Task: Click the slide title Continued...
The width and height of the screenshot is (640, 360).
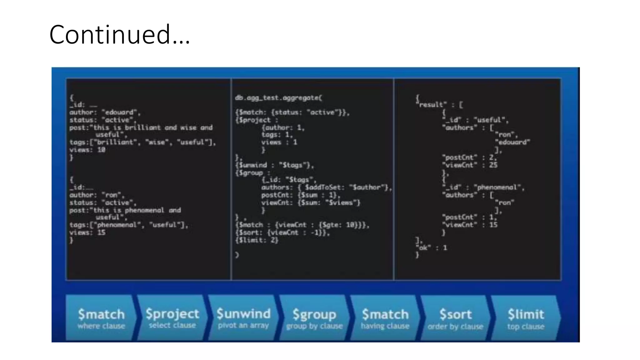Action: tap(119, 34)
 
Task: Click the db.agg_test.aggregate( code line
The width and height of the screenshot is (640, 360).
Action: tap(278, 98)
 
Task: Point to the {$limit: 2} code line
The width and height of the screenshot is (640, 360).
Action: tap(257, 240)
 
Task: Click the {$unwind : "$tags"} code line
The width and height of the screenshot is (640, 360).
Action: tap(274, 165)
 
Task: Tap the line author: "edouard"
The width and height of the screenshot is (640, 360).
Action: tap(105, 112)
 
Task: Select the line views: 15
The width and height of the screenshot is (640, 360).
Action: tap(87, 232)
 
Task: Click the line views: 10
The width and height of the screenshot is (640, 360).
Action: tap(87, 150)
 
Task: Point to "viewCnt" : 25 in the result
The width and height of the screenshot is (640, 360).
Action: tap(469, 165)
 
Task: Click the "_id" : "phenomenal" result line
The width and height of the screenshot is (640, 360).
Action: tap(483, 187)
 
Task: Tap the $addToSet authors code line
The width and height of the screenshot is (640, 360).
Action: tap(326, 187)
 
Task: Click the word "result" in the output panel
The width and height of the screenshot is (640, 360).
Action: tap(431, 105)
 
